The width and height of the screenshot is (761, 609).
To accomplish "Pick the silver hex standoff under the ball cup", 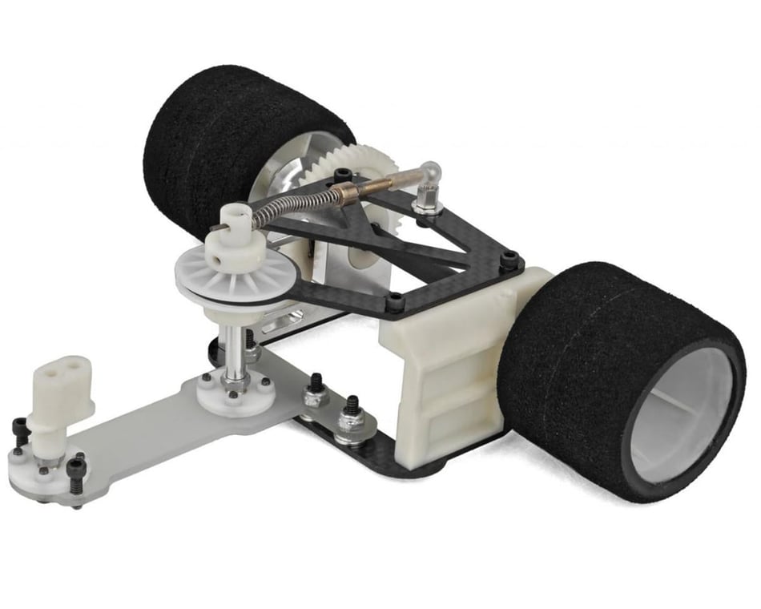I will click(x=427, y=204).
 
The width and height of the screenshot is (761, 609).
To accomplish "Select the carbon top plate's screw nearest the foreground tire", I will click(x=509, y=260).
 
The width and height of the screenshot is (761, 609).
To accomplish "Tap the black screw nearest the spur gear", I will click(x=342, y=174).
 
